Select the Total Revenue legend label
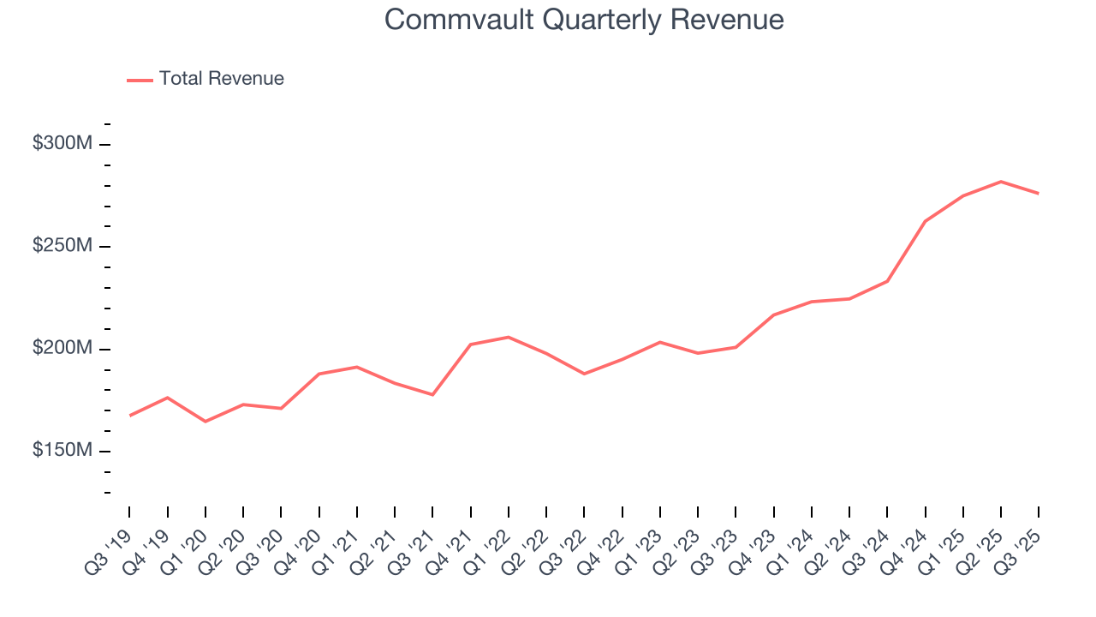221,79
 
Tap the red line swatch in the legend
140,80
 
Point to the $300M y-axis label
62,144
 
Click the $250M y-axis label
62,246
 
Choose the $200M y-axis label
62,349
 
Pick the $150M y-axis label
62,451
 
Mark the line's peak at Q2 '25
1001,182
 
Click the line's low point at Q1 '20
205,422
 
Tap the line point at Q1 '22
509,337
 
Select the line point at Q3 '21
432,395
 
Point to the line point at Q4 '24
926,221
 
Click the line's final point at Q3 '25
1039,194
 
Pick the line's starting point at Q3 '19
130,416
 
